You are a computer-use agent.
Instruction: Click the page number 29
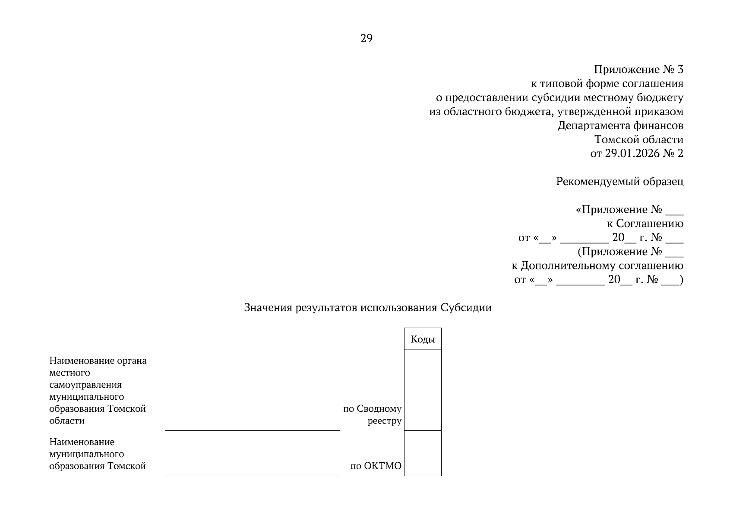click(366, 39)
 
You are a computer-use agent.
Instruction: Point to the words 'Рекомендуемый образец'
click(619, 182)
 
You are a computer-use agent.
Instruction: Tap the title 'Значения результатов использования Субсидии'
click(368, 308)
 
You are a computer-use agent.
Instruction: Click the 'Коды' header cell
click(423, 339)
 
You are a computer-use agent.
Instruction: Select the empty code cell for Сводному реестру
click(423, 390)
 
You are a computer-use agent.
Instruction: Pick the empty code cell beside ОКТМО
click(423, 453)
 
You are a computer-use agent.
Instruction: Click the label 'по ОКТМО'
click(376, 466)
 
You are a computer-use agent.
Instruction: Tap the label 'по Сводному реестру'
click(373, 415)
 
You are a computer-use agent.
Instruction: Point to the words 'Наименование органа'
click(98, 361)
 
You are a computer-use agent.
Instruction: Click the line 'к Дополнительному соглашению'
click(597, 265)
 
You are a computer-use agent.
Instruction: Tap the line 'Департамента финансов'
click(620, 126)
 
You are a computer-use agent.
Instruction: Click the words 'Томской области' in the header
click(638, 140)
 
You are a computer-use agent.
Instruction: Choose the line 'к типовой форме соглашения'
click(607, 84)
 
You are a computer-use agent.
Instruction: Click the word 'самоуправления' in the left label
click(85, 385)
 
